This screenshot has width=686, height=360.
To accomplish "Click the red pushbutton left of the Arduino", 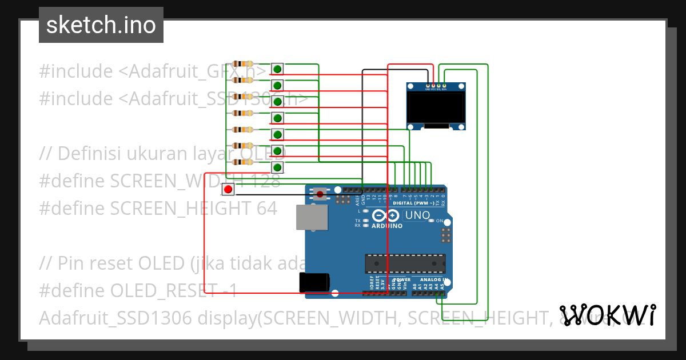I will tap(228, 189).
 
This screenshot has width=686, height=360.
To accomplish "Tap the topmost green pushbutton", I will tap(277, 69).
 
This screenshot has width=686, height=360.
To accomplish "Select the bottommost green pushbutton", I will tap(277, 167).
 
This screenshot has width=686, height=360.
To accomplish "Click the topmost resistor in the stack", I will tap(244, 64).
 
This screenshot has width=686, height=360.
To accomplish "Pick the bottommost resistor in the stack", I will tap(244, 162).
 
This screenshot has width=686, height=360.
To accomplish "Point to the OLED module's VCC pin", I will tap(433, 85).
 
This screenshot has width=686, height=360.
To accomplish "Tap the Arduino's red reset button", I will tap(320, 194).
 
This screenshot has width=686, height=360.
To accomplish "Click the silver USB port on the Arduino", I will tap(312, 217).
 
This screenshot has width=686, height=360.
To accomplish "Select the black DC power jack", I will tap(314, 282).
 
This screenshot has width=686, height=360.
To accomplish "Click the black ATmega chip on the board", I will tap(405, 263).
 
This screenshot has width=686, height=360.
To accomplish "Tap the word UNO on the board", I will tap(417, 215).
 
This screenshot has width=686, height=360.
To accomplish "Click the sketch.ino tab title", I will tap(101, 25).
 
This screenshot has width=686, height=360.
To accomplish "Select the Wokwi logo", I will tap(607, 315).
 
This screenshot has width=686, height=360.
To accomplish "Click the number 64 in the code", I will tap(266, 209).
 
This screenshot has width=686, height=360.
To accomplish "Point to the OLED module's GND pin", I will tap(427, 85).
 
